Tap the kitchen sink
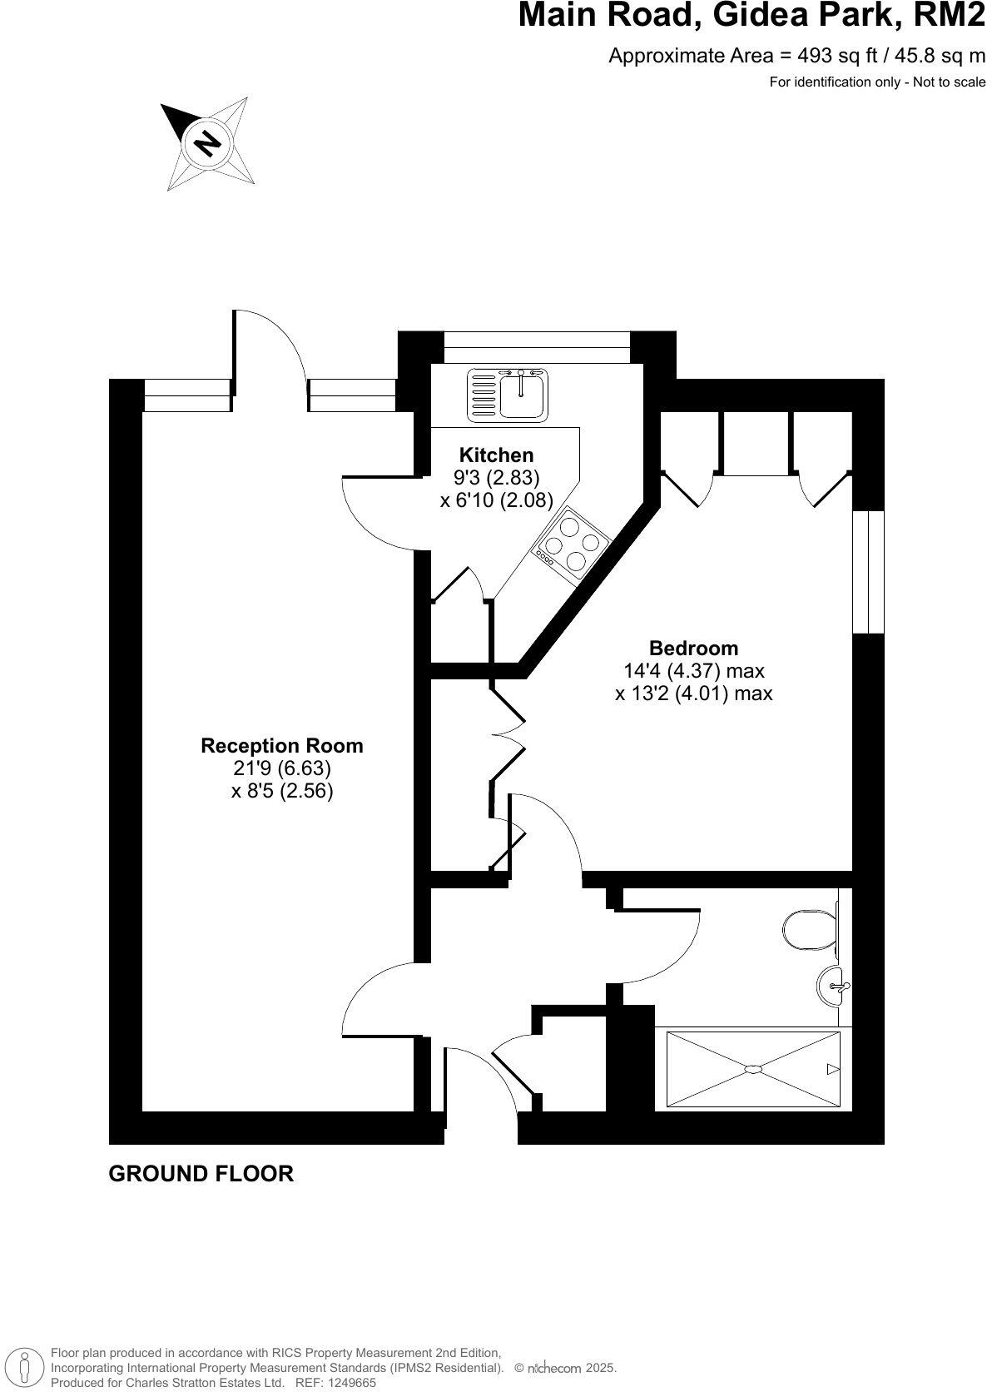(508, 395)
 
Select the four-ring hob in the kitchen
(572, 544)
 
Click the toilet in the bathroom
(810, 929)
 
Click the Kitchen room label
(496, 455)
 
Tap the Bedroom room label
(693, 648)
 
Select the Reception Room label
(282, 745)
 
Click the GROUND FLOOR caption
(201, 1174)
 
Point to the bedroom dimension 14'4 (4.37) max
(693, 670)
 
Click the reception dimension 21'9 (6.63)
(282, 768)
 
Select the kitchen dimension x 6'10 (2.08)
(496, 500)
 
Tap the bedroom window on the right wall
(868, 571)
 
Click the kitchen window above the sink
(537, 346)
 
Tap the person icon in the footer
(25, 1367)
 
